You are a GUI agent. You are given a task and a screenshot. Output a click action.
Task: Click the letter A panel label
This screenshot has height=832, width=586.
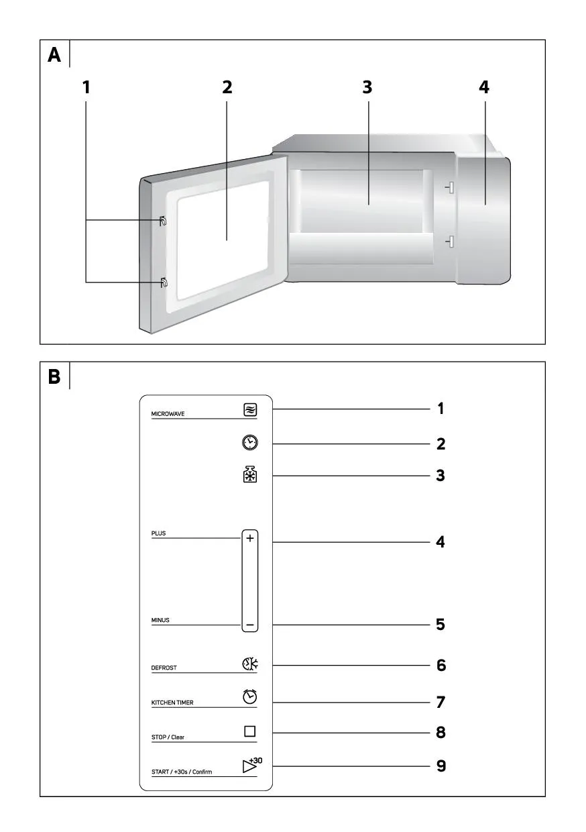[x=54, y=55]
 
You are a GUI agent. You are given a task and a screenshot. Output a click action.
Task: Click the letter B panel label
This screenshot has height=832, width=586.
[x=54, y=376]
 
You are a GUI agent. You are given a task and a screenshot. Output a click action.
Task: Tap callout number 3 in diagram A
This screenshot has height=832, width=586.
[x=367, y=87]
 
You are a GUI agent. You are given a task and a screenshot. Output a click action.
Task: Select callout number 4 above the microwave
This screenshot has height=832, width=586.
[x=484, y=87]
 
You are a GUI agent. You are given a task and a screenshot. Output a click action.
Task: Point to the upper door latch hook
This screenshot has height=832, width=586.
[x=162, y=221]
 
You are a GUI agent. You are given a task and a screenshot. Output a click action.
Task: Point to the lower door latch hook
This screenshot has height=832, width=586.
[x=164, y=282]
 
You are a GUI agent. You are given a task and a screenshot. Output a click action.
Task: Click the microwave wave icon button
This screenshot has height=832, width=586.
[x=250, y=410]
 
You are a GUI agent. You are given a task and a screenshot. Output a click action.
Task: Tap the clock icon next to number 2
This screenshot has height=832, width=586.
[x=250, y=443]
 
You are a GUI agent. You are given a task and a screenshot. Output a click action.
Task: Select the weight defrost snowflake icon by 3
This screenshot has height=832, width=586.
[x=250, y=474]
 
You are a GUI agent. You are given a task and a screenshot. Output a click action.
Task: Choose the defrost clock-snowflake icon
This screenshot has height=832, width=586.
[x=250, y=664]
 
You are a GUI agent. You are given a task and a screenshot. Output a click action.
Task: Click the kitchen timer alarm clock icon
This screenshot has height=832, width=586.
[x=250, y=696]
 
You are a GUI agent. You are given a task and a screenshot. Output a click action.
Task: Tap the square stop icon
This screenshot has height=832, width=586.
[x=250, y=731]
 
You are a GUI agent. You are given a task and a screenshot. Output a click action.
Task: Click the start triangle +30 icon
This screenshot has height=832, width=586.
[x=252, y=765]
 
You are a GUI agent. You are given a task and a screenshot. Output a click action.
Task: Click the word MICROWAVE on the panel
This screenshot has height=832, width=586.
[x=168, y=414]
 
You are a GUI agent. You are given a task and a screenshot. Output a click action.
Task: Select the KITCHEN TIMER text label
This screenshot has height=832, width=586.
[x=172, y=703]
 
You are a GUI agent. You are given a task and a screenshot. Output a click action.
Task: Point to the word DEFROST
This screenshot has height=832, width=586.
[x=164, y=668]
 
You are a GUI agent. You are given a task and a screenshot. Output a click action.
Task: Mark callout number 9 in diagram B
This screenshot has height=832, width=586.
[x=441, y=766]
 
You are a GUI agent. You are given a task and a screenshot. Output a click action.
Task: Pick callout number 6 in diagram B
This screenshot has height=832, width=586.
[x=441, y=665]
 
